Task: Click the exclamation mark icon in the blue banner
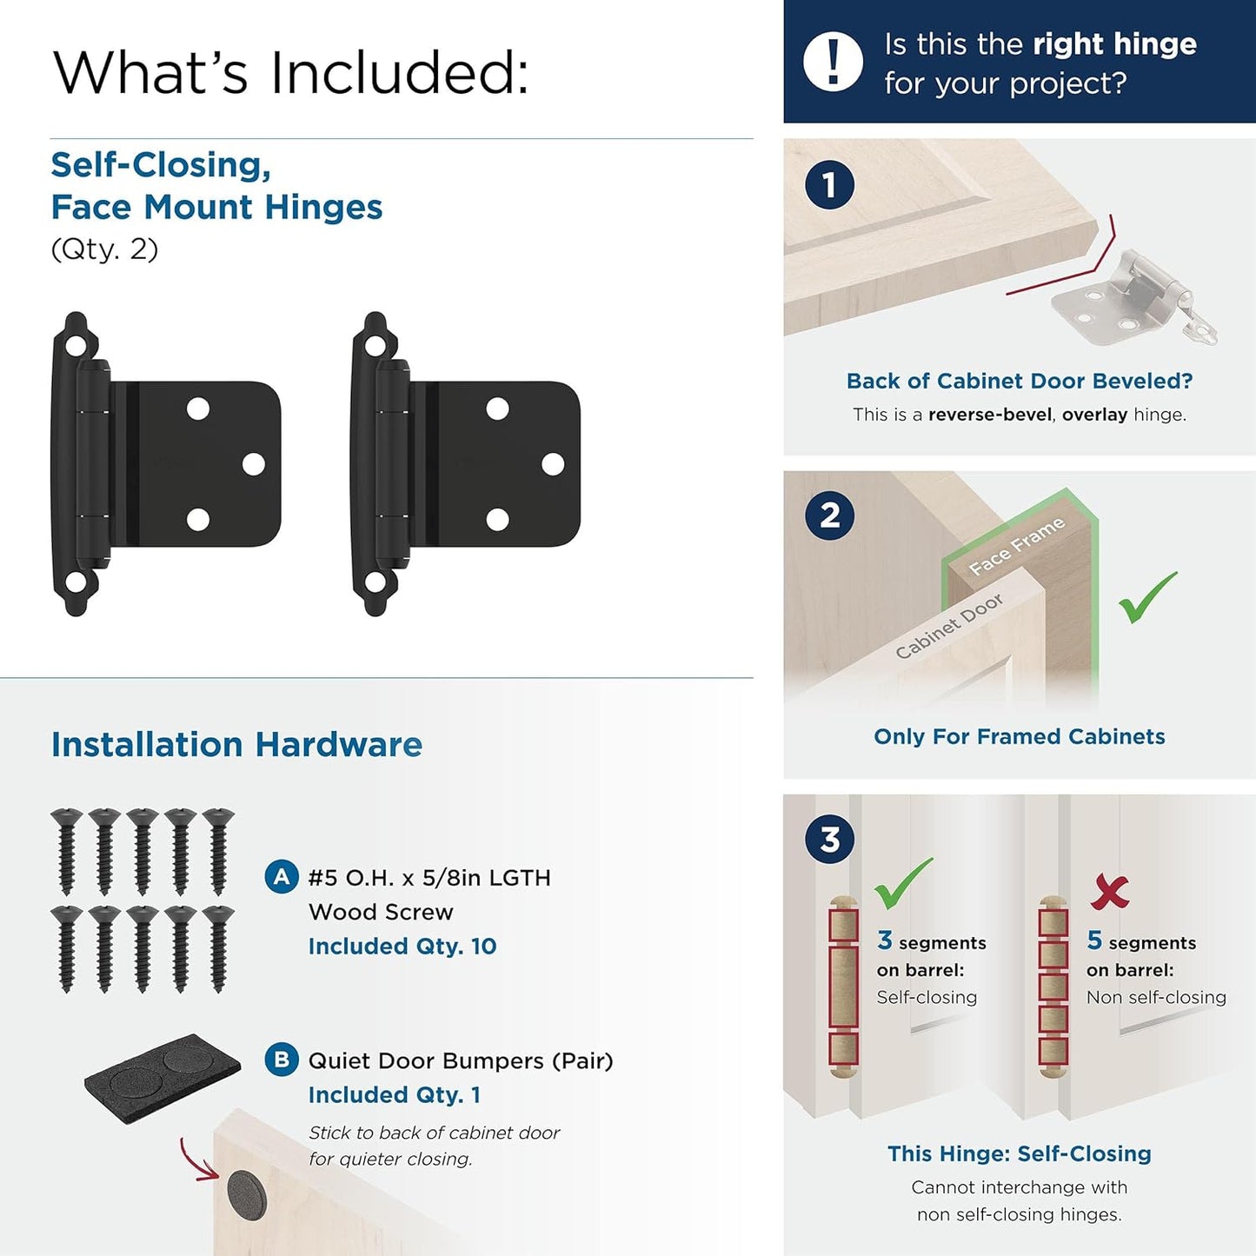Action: point(833,63)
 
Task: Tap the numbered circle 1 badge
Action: point(829,184)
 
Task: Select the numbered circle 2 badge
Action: point(829,515)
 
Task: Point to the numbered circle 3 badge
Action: point(829,840)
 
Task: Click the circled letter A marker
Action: point(282,877)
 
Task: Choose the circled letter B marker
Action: point(282,1060)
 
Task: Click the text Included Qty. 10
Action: point(402,946)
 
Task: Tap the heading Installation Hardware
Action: point(236,745)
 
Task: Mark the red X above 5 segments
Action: point(1110,891)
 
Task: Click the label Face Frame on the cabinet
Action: point(1016,546)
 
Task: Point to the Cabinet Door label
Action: point(948,626)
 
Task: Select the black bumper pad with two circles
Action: point(163,1077)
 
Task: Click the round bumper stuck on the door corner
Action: point(247,1193)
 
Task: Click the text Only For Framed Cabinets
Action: point(1019,736)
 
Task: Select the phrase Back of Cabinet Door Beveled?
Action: point(1019,381)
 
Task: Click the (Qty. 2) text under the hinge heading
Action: point(104,249)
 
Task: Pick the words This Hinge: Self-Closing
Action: point(1019,1153)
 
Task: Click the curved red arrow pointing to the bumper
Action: point(196,1161)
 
